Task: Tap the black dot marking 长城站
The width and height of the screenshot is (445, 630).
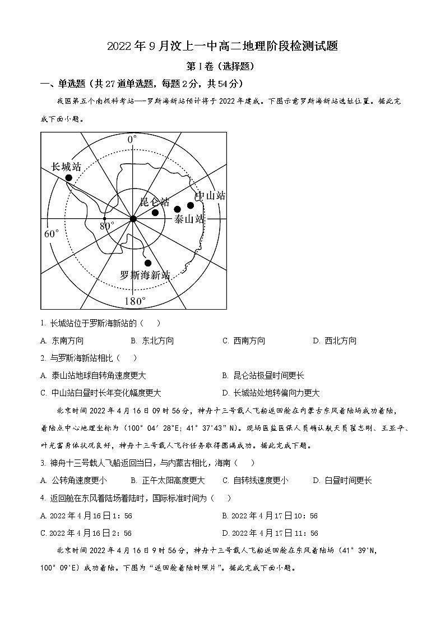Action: coord(69,178)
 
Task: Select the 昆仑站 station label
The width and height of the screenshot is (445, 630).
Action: coord(154,202)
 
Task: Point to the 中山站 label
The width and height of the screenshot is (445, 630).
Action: coord(210,196)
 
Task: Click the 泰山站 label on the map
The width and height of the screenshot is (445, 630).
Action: coord(188,219)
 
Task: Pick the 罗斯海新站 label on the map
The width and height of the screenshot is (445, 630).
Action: coord(145,275)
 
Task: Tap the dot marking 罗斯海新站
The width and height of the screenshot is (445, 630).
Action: coord(148,263)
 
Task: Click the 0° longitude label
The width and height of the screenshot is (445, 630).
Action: coord(132,139)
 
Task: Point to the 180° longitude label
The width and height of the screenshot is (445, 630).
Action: coord(135,301)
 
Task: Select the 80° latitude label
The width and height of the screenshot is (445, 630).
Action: coord(107,226)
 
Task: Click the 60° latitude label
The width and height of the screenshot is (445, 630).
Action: coord(51,233)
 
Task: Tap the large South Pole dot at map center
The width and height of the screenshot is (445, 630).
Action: coord(133,218)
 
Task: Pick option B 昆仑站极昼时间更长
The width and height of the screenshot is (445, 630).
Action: coord(263,375)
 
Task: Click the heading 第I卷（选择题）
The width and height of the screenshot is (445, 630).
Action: coord(222,66)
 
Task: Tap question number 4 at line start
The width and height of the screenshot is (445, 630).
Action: coord(43,498)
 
